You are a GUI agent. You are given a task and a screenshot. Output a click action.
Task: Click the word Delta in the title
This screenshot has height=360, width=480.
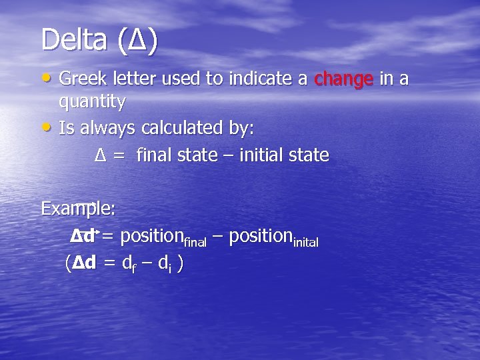point(75,40)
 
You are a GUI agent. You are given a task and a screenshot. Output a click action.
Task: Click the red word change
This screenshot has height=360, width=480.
point(343,79)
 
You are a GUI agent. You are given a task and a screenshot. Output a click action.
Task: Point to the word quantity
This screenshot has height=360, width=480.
point(92,102)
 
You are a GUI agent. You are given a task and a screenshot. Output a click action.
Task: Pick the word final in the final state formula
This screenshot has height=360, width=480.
point(153,155)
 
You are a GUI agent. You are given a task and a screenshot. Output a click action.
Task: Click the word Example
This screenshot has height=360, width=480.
point(77,209)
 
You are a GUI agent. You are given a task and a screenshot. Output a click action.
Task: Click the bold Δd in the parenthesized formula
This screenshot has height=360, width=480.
point(83,263)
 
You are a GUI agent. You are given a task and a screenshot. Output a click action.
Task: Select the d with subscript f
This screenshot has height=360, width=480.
point(129,264)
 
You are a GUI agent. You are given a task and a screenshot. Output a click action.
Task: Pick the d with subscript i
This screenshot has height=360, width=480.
point(164,264)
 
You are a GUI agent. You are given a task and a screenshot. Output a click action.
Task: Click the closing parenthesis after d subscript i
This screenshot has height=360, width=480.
point(181,264)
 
